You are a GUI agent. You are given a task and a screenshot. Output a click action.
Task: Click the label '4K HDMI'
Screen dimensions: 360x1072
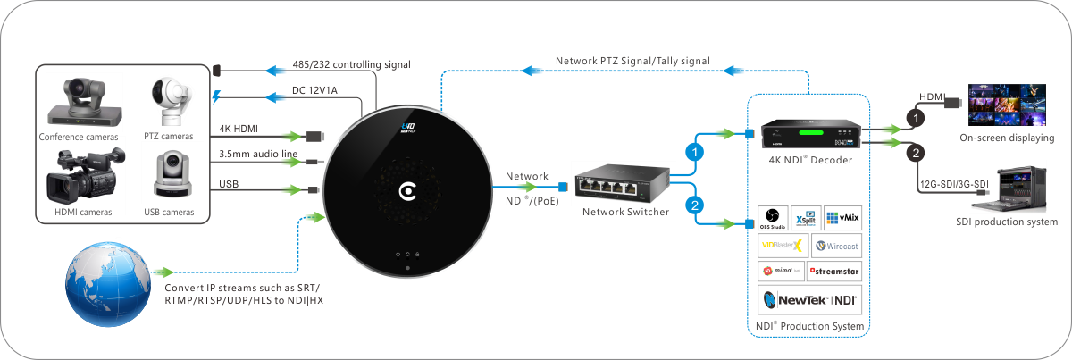coord(239,130)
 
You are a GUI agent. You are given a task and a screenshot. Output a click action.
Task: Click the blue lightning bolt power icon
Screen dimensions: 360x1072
coord(216,96)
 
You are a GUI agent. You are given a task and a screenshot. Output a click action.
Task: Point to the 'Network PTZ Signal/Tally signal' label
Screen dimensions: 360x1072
coord(632,61)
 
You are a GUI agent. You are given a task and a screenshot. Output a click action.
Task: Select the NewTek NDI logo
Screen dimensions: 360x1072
coord(809,300)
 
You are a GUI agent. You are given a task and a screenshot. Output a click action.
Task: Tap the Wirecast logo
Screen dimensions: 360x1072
coord(836,245)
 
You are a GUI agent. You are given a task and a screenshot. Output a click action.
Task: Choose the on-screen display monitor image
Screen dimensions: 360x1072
coord(1007,105)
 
